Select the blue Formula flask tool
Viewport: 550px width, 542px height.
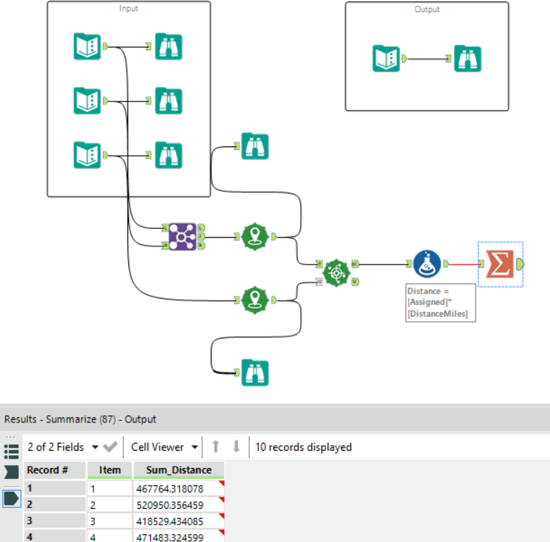pos(428,264)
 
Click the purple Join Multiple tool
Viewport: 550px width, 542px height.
pos(182,236)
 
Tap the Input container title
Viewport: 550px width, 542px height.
pos(128,9)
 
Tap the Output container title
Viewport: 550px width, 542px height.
pos(427,9)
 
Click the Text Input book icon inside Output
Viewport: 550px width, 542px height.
pos(387,59)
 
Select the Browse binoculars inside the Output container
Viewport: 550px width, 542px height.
pos(468,59)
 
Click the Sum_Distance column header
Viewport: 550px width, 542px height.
pos(178,470)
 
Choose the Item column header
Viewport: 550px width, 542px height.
pos(110,470)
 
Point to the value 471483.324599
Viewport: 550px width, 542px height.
pos(178,536)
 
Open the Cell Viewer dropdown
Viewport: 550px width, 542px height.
pos(164,447)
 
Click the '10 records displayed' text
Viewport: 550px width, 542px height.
pos(303,447)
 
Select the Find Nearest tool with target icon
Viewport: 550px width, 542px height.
pos(336,272)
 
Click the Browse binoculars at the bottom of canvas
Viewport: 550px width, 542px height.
pos(254,372)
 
